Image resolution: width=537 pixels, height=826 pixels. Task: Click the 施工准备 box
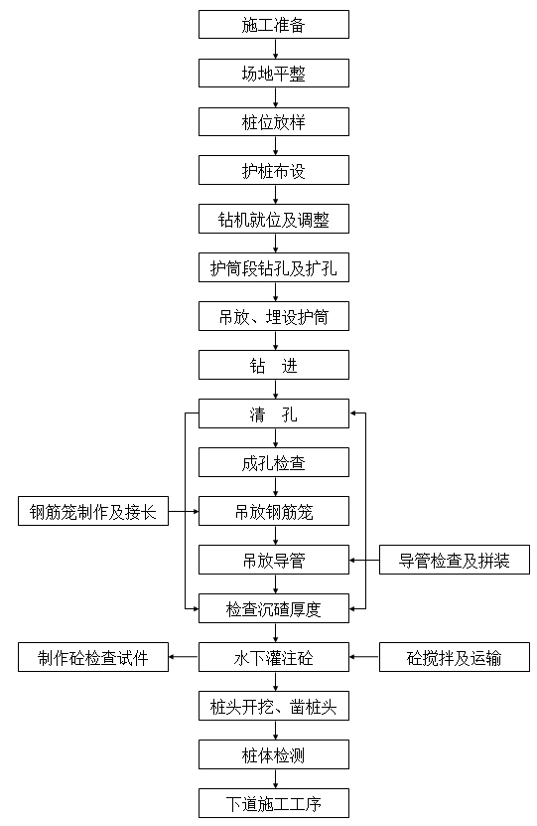[273, 25]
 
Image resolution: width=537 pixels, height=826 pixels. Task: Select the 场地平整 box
[273, 74]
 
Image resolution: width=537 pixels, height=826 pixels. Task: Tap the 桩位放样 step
[273, 122]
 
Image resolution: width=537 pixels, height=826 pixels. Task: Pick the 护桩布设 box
[273, 171]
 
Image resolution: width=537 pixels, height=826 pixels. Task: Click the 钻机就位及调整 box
[273, 220]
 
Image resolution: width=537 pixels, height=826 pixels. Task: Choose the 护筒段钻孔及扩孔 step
[273, 268]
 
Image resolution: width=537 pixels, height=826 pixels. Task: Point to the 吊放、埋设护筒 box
[273, 317]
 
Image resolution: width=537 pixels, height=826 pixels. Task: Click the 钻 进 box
[273, 366]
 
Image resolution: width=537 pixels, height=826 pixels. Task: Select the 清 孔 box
[273, 414]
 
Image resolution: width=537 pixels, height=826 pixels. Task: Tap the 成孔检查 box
[273, 463]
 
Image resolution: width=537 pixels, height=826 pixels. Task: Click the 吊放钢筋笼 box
[273, 512]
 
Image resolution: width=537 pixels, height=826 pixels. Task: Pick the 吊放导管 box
[273, 561]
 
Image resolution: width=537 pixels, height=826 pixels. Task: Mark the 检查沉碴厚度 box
[273, 609]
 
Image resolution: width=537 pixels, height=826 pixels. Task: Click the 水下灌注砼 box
[273, 658]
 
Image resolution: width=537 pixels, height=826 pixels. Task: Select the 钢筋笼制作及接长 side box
[92, 512]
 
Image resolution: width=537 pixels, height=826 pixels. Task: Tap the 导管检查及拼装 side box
[455, 561]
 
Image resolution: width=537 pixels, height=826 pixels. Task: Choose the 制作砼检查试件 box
[92, 658]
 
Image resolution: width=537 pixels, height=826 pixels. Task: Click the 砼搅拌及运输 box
[455, 658]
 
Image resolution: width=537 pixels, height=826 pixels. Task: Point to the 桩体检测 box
[273, 755]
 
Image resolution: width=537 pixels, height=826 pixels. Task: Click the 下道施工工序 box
[273, 803]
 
